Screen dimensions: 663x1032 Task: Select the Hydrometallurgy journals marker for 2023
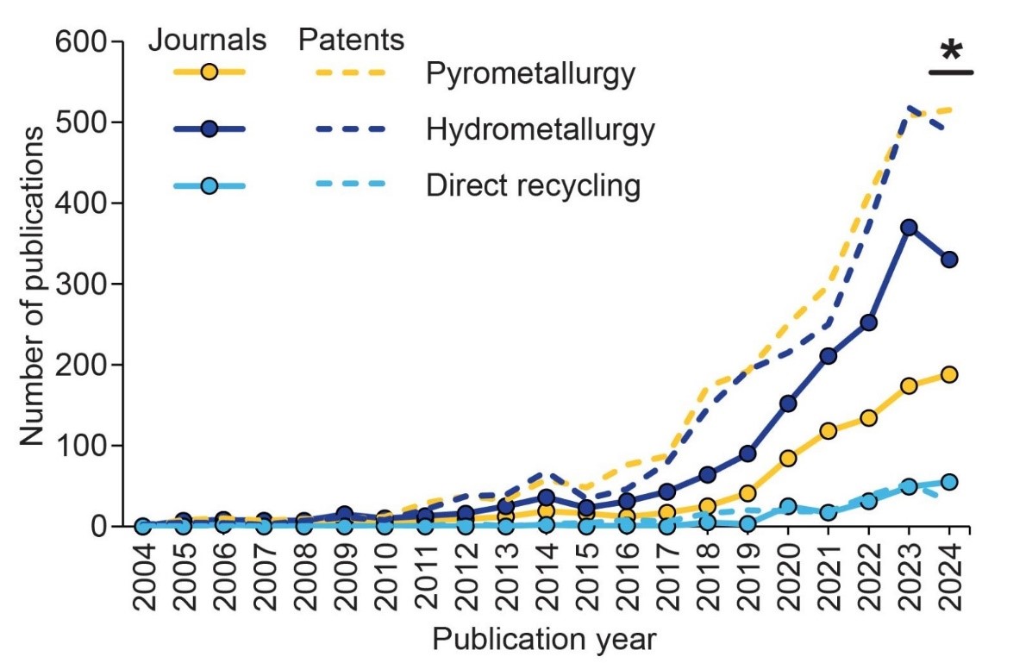coord(909,228)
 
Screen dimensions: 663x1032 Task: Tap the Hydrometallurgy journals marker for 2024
coord(949,260)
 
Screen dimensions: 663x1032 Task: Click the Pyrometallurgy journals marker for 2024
coord(949,374)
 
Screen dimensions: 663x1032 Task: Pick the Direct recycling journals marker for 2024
coord(949,482)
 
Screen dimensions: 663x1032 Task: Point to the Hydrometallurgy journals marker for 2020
coord(787,403)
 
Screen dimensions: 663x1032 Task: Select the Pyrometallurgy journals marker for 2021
coord(828,431)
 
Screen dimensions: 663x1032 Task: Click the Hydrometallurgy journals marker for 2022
coord(868,322)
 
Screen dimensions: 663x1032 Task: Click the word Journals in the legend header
coord(208,40)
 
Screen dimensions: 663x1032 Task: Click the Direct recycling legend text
coord(533,185)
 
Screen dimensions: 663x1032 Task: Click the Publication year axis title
coord(544,640)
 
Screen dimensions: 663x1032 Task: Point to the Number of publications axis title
coord(32,285)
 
